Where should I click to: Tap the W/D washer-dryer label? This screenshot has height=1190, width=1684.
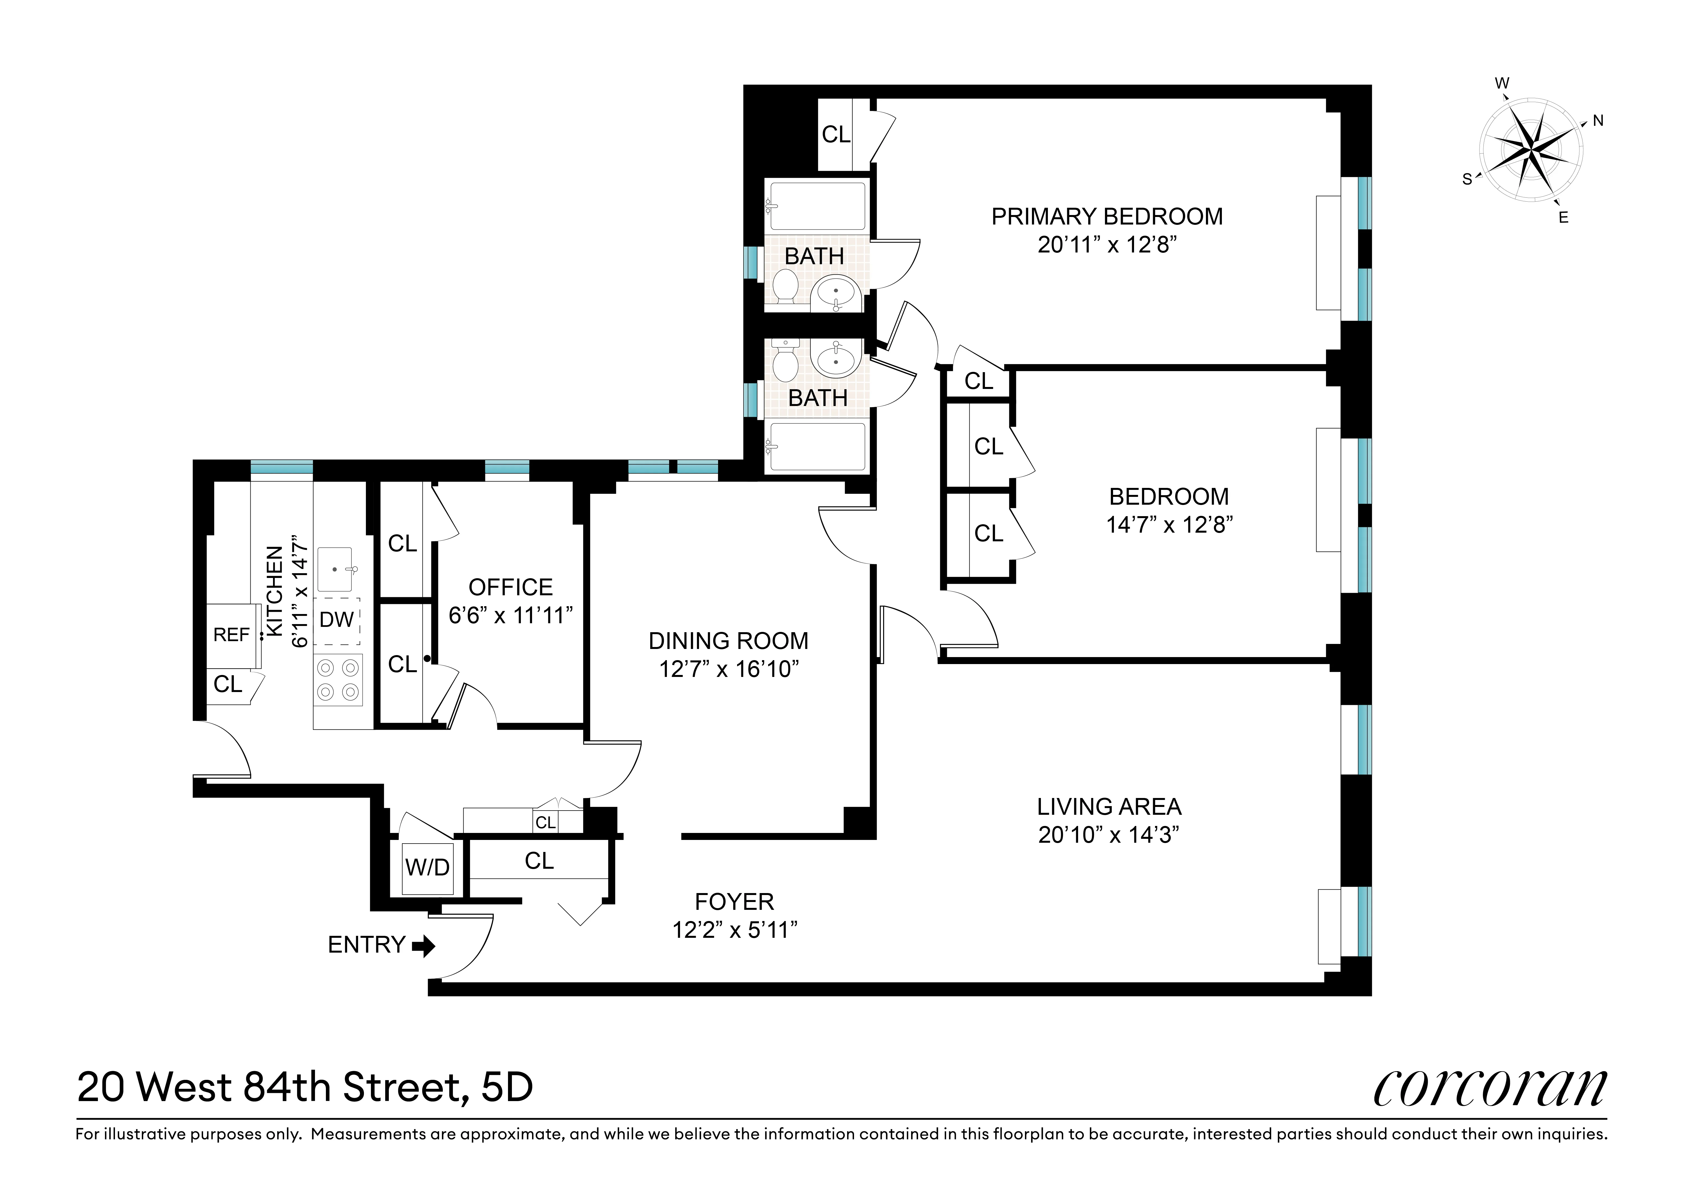[x=428, y=867]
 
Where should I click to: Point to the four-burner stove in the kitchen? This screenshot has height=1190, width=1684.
[x=338, y=680]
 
